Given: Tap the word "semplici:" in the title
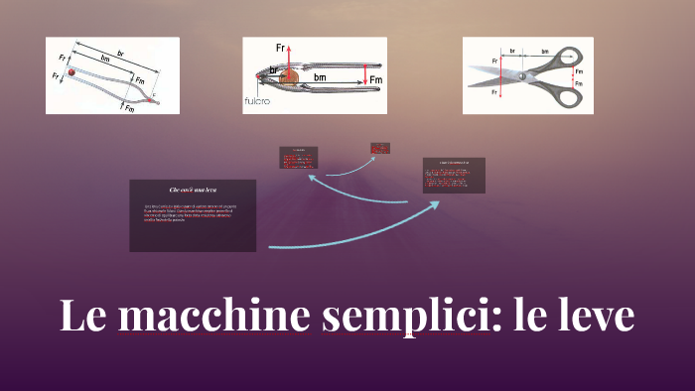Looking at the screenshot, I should click(406, 317).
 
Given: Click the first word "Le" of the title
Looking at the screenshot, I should click(83, 317).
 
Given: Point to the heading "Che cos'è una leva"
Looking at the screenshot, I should click(193, 189).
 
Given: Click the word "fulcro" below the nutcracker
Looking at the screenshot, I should click(258, 101).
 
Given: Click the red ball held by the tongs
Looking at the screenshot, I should click(70, 72).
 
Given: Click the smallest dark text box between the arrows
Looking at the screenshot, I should click(380, 148).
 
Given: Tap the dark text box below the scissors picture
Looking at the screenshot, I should click(454, 175).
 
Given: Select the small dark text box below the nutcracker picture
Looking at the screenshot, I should click(299, 158).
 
